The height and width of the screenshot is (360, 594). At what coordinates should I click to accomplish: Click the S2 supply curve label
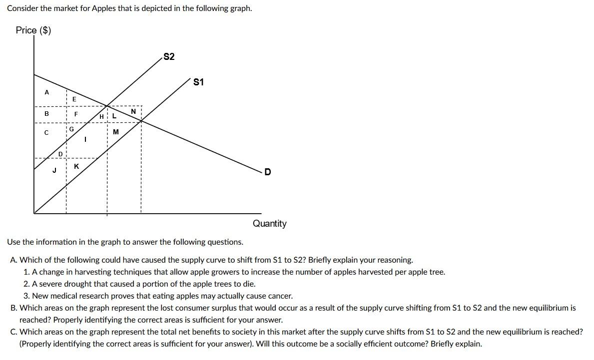[x=169, y=57]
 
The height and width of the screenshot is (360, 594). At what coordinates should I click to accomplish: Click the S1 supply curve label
[x=198, y=82]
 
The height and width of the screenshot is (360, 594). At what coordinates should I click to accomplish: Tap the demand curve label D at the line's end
[x=268, y=172]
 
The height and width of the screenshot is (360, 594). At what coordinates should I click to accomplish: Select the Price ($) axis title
[x=33, y=30]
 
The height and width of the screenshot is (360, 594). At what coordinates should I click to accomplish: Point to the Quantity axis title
[x=269, y=224]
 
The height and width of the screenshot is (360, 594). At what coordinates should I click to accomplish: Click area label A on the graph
[x=47, y=92]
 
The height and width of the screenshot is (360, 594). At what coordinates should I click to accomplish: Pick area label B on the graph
[x=47, y=114]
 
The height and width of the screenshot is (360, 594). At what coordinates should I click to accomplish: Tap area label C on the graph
[x=46, y=133]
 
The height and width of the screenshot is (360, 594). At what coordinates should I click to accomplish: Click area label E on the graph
[x=74, y=99]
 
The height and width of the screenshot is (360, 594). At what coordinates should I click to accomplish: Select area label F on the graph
[x=76, y=114]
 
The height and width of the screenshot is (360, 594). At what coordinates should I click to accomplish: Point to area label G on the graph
[x=71, y=129]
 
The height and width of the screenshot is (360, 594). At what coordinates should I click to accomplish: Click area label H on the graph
[x=102, y=117]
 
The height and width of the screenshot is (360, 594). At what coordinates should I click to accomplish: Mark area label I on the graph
[x=85, y=140]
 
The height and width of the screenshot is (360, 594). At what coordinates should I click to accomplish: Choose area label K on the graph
[x=76, y=166]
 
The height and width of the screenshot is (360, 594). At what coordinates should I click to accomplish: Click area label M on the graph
[x=116, y=132]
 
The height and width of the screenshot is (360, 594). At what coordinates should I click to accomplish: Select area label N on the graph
[x=133, y=111]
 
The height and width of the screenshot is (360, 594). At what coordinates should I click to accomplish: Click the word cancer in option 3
[x=277, y=296]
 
